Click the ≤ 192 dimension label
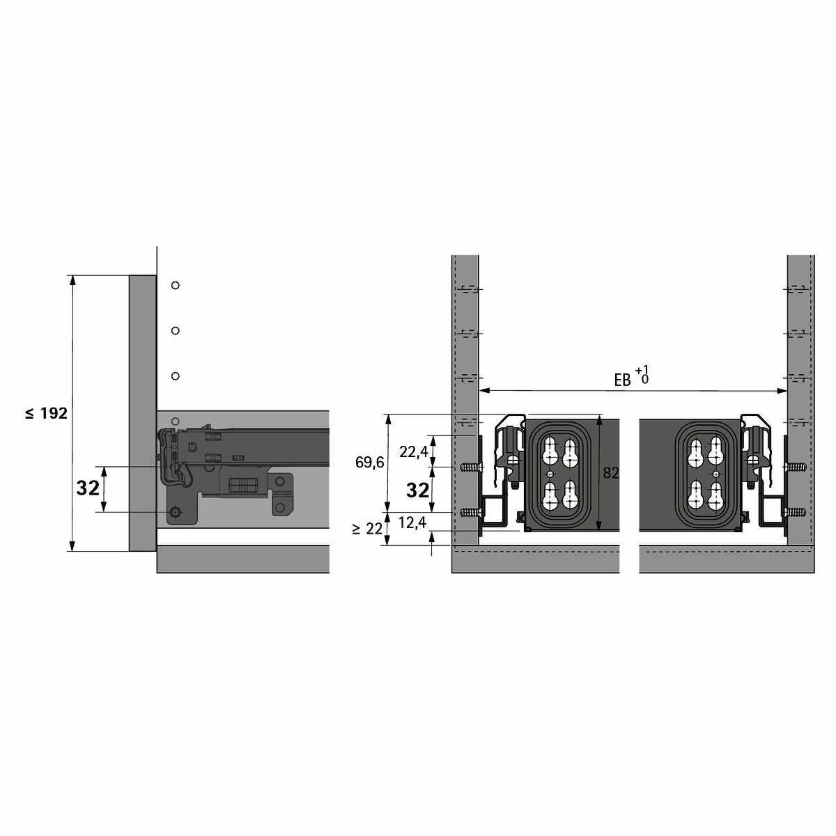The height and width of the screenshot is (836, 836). point(47,413)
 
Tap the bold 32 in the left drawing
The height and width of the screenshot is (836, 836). point(88,489)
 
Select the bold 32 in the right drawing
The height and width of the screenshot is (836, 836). point(417,490)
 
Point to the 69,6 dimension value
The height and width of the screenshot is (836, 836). point(370,463)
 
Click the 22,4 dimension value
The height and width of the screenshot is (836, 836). point(414,452)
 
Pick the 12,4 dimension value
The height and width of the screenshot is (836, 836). point(412,523)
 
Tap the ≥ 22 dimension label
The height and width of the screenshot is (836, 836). point(367,529)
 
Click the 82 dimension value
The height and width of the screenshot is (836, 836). point(610,473)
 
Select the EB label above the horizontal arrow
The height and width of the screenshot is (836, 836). point(622,380)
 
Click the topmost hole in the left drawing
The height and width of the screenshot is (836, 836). point(176,285)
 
